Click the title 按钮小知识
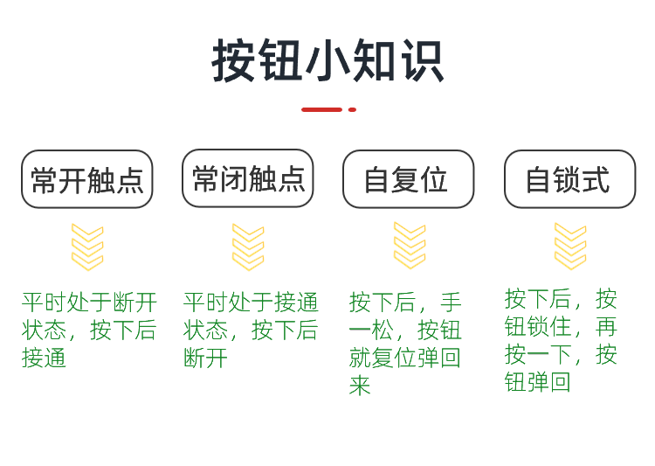(327, 61)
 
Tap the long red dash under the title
(321, 109)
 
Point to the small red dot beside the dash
(352, 109)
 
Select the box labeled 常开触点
(87, 179)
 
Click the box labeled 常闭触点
(248, 178)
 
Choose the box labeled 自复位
(408, 179)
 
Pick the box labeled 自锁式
(569, 179)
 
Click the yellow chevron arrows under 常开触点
(87, 247)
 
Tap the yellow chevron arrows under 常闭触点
(248, 247)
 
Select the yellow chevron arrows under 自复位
(410, 245)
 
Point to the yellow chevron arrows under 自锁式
(570, 246)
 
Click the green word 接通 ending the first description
(45, 358)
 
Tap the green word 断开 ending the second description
(206, 358)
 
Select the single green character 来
(360, 386)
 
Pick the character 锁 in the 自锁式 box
(569, 179)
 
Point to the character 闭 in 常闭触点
(234, 178)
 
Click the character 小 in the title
(327, 61)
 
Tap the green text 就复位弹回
(405, 358)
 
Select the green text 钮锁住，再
(561, 326)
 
